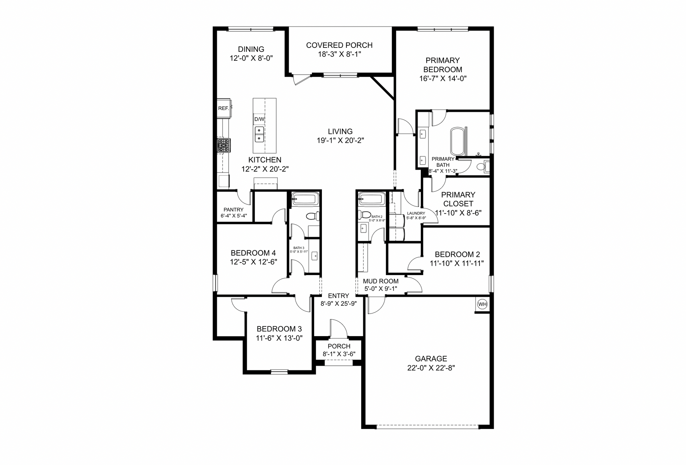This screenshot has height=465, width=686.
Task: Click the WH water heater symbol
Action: (x=482, y=304)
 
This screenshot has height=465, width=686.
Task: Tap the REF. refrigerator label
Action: (x=224, y=108)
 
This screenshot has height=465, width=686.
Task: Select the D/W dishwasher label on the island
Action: (x=259, y=119)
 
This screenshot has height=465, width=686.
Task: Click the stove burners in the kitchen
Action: (x=224, y=146)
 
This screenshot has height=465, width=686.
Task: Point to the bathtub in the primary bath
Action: (x=458, y=141)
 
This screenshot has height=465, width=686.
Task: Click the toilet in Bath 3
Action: (x=313, y=216)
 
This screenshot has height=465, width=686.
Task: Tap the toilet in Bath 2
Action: (x=365, y=215)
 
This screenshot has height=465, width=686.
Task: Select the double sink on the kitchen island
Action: (x=259, y=134)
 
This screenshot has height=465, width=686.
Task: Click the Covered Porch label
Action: (x=339, y=45)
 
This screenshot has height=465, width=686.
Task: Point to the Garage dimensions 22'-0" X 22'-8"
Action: (x=431, y=368)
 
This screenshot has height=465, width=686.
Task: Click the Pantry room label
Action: (x=234, y=210)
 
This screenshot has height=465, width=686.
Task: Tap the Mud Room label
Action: (x=381, y=281)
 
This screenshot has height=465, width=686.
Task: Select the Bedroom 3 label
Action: (x=279, y=329)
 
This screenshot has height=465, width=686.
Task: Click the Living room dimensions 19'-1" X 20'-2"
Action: (x=340, y=140)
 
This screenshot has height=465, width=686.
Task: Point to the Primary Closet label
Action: (x=458, y=199)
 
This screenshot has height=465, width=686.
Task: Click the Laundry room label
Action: (x=416, y=214)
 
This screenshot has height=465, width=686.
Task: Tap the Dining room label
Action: (x=251, y=49)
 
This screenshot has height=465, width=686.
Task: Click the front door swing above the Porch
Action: (x=338, y=329)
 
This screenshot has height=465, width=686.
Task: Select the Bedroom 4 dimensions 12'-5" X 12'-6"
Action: (x=254, y=262)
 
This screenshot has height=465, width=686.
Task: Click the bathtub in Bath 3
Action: (x=305, y=199)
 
